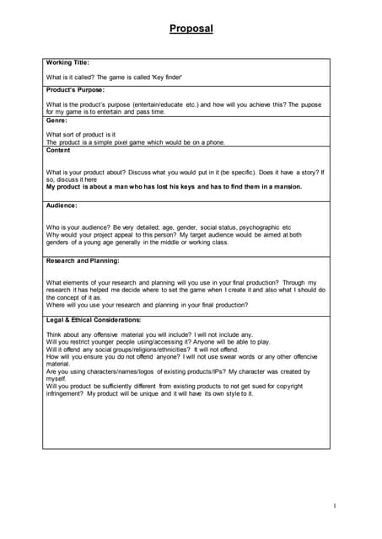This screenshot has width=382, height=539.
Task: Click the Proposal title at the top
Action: click(191, 29)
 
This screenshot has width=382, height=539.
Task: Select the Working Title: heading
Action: click(67, 62)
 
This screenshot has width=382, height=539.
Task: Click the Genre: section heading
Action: click(58, 120)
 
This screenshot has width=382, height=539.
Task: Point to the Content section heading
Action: click(58, 150)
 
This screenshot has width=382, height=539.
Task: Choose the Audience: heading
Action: click(62, 205)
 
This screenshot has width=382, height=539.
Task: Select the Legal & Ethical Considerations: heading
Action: click(94, 320)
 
